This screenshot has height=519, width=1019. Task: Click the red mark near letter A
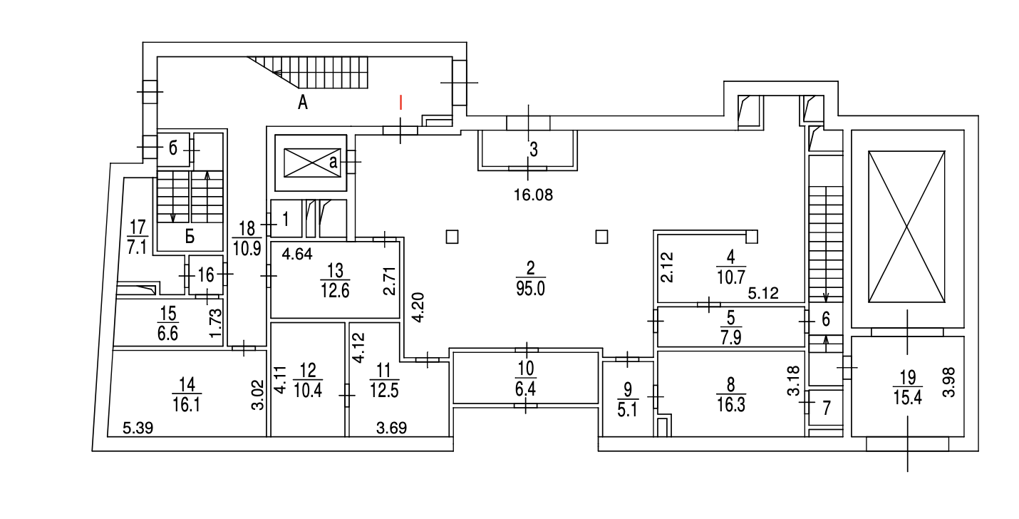tap(400, 103)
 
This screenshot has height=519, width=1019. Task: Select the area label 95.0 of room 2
tap(530, 289)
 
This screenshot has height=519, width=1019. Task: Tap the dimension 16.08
tap(533, 195)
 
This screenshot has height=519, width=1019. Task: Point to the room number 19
tap(908, 377)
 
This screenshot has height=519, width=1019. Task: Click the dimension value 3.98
tap(948, 382)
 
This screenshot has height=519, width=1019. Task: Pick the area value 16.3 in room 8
tap(731, 404)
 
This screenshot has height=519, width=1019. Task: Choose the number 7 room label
tap(827, 408)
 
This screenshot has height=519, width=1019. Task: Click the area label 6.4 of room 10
tap(526, 389)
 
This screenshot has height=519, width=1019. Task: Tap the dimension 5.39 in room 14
tap(138, 428)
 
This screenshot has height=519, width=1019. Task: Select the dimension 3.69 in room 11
tap(391, 428)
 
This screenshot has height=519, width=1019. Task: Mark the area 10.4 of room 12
tap(308, 391)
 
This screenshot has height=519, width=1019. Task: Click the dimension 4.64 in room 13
tap(297, 254)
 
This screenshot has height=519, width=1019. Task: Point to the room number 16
tap(206, 275)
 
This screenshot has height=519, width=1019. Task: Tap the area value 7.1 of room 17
tap(137, 247)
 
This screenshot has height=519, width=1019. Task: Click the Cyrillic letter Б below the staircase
tap(190, 237)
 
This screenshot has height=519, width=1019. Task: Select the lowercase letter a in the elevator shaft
tap(333, 162)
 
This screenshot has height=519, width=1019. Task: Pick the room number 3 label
tap(534, 149)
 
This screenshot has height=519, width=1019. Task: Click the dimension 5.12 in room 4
tap(763, 293)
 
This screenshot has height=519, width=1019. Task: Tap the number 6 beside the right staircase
tap(826, 319)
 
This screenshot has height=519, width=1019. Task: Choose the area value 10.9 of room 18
tap(247, 249)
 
